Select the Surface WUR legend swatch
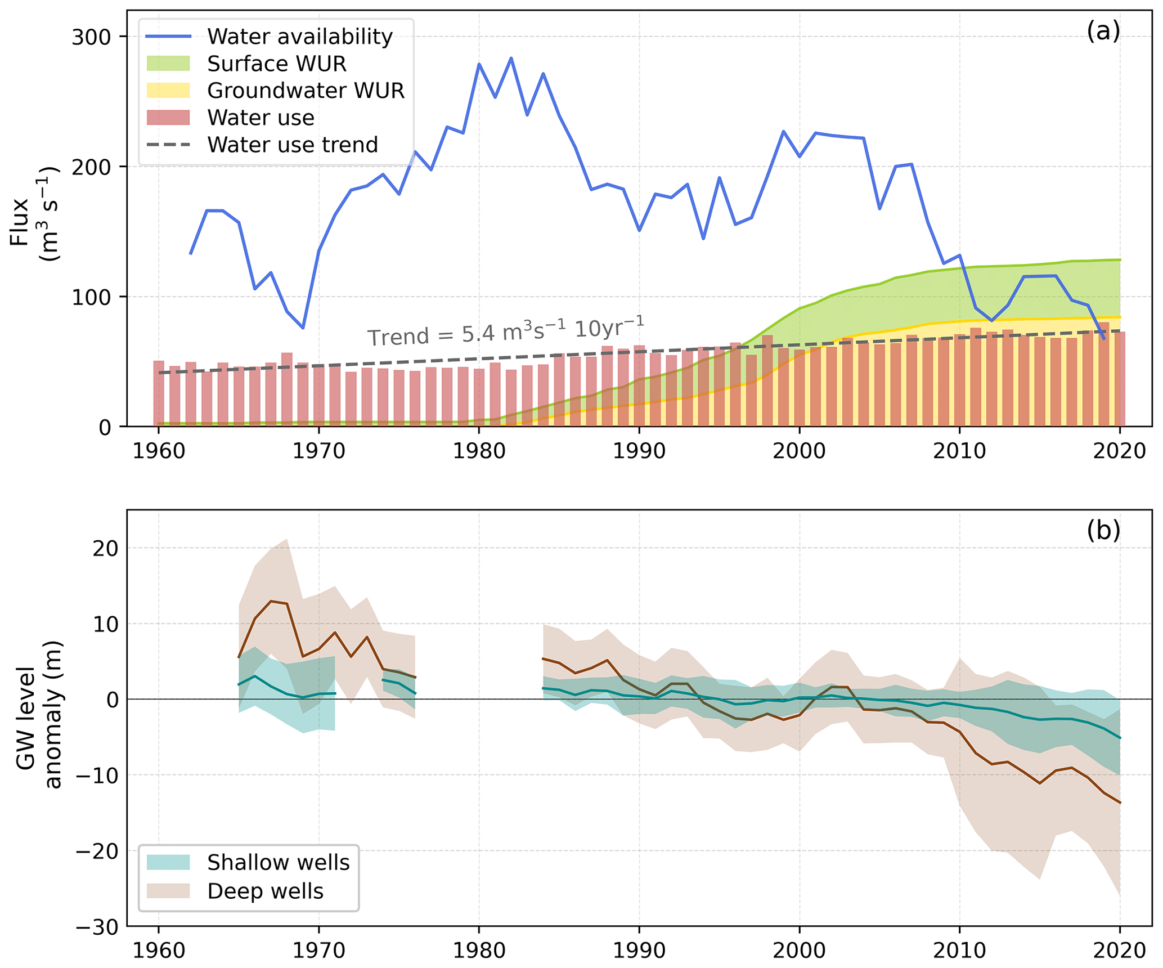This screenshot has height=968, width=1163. pyautogui.click(x=168, y=64)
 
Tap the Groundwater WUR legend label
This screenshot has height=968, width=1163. pyautogui.click(x=306, y=91)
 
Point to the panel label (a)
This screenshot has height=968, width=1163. pyautogui.click(x=1103, y=32)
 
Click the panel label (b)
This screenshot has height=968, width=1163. pyautogui.click(x=1103, y=530)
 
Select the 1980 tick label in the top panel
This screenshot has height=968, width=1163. pyautogui.click(x=479, y=451)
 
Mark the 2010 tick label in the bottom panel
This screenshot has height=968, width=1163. pyautogui.click(x=959, y=951)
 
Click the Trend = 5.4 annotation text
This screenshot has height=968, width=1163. pyautogui.click(x=505, y=331)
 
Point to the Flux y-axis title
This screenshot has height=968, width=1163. pyautogui.click(x=34, y=214)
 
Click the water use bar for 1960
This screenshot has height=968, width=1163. pyautogui.click(x=159, y=393)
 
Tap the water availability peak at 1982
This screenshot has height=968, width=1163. pyautogui.click(x=511, y=58)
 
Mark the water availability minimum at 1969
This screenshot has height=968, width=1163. pyautogui.click(x=303, y=328)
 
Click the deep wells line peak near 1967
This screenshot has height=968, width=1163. pyautogui.click(x=271, y=601)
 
